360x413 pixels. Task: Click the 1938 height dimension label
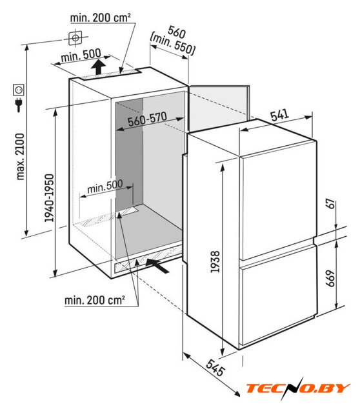click(215, 261)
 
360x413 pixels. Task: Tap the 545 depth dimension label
click(215, 367)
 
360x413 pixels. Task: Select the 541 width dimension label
click(280, 115)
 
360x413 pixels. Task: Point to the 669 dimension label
click(330, 278)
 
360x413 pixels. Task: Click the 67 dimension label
click(331, 204)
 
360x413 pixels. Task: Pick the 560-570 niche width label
click(147, 119)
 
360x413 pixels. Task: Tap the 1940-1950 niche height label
click(49, 198)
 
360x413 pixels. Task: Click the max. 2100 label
click(20, 157)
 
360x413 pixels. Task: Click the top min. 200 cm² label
click(101, 17)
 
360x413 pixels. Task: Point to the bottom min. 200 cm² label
click(95, 300)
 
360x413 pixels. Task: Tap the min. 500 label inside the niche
click(105, 186)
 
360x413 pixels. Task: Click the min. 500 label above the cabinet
click(81, 55)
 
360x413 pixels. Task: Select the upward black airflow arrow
click(98, 67)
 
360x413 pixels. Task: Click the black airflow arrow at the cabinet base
click(157, 265)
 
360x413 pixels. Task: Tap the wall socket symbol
click(19, 90)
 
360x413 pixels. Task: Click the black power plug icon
click(19, 105)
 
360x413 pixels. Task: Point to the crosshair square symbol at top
click(75, 38)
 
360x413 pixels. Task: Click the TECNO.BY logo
click(298, 388)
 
